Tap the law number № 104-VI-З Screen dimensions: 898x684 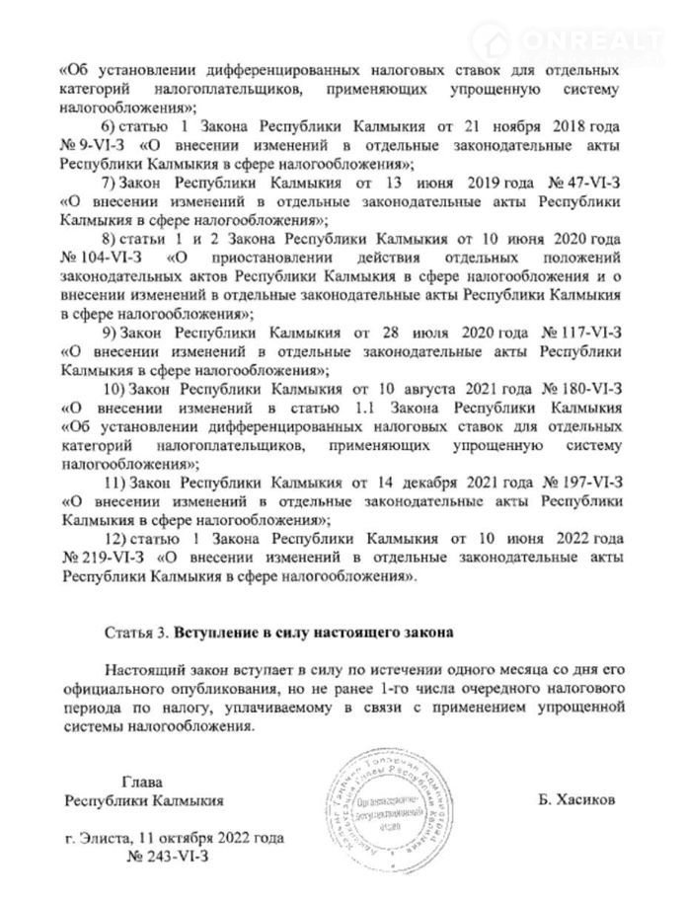click(104, 259)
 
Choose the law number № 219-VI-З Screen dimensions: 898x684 click(104, 556)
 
